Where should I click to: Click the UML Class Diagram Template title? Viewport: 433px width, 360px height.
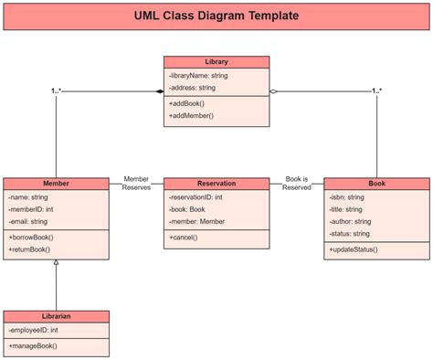pyautogui.click(x=216, y=16)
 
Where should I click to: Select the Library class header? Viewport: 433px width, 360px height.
pyautogui.click(x=216, y=62)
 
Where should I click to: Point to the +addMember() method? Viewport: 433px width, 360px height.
pyautogui.click(x=191, y=116)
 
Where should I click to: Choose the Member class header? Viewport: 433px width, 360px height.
pyautogui.click(x=56, y=184)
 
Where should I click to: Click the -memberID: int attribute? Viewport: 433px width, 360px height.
pyautogui.click(x=30, y=209)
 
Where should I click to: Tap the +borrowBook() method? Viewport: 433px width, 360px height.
pyautogui.click(x=30, y=237)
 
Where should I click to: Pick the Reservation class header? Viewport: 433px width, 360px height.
pyautogui.click(x=216, y=184)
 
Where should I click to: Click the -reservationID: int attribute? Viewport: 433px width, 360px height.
pyautogui.click(x=195, y=196)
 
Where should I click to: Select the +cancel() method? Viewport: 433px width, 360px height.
pyautogui.click(x=183, y=237)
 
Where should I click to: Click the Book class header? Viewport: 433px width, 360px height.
pyautogui.click(x=376, y=184)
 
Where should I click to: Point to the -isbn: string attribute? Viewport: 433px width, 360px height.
pyautogui.click(x=347, y=196)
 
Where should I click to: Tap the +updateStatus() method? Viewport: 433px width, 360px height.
pyautogui.click(x=353, y=249)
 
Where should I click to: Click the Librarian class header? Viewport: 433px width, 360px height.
pyautogui.click(x=56, y=316)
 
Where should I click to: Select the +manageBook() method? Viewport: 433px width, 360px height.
pyautogui.click(x=33, y=345)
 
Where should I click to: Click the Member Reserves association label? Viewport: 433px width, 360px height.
pyautogui.click(x=136, y=184)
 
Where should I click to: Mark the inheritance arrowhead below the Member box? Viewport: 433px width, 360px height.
pyautogui.click(x=56, y=264)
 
